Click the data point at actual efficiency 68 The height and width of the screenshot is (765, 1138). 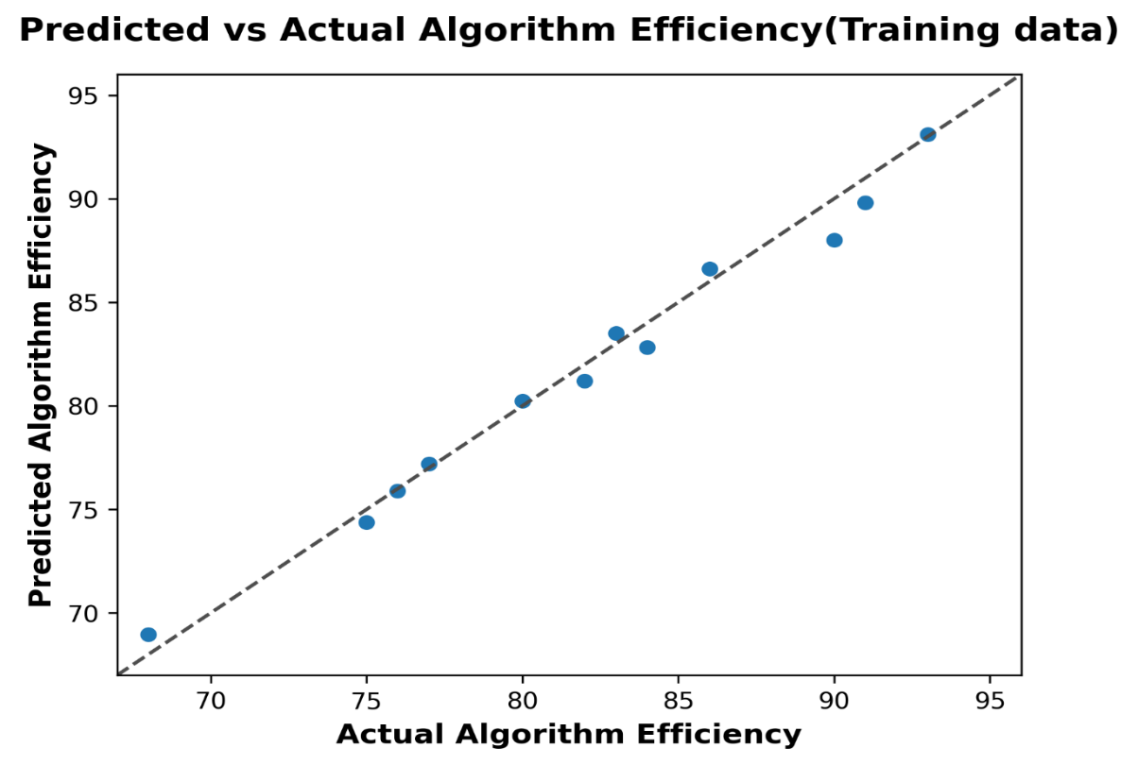tap(148, 635)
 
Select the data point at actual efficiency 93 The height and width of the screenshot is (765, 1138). tap(928, 135)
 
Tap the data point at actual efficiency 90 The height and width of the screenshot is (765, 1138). tap(835, 240)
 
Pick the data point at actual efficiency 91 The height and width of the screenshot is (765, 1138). tap(866, 203)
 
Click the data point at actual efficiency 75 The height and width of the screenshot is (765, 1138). tap(367, 522)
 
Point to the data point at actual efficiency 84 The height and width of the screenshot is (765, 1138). tap(647, 348)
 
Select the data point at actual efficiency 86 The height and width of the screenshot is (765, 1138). tap(710, 269)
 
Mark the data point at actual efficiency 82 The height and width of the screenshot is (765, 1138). tap(585, 382)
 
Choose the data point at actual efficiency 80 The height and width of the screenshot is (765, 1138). tap(523, 401)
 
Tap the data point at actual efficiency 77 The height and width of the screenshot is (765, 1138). tap(429, 464)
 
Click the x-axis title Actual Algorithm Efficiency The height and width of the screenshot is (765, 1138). tap(569, 735)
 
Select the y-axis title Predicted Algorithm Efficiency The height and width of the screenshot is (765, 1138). tap(41, 376)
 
